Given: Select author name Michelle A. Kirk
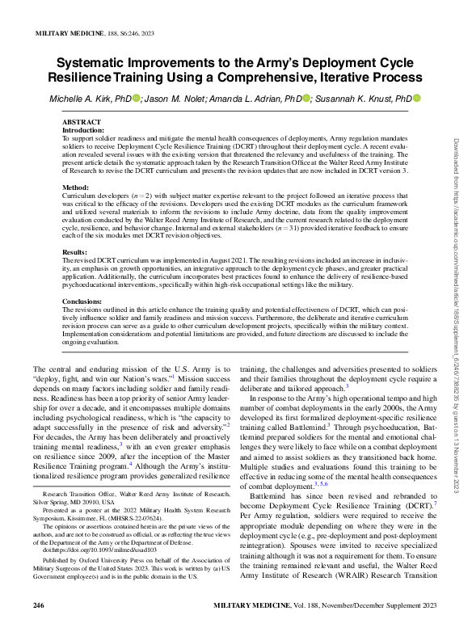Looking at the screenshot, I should click(x=90, y=99).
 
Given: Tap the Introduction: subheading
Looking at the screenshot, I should click(x=83, y=129).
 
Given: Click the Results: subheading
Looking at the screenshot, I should click(x=75, y=252).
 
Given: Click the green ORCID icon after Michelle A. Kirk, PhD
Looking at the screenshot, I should click(x=137, y=99).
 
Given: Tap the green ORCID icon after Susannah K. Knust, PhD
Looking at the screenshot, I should click(x=417, y=99).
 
